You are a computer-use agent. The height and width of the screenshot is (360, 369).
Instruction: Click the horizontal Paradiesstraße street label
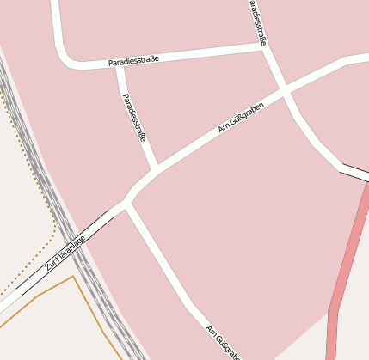[133, 61]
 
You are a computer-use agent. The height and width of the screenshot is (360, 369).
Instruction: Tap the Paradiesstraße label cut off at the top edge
[258, 21]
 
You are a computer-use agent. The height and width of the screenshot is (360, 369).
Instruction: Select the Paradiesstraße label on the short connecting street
[134, 117]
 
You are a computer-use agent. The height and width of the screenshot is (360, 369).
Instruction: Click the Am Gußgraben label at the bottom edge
[222, 342]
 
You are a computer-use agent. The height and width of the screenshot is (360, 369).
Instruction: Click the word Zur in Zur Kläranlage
[51, 267]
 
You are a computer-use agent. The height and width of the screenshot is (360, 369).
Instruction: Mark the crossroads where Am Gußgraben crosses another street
[284, 90]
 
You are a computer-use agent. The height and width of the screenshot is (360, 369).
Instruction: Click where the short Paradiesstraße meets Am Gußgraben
[156, 168]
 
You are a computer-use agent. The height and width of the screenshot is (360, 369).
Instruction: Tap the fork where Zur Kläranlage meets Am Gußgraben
[127, 200]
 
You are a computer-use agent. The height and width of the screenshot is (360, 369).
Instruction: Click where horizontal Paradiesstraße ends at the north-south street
[264, 49]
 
